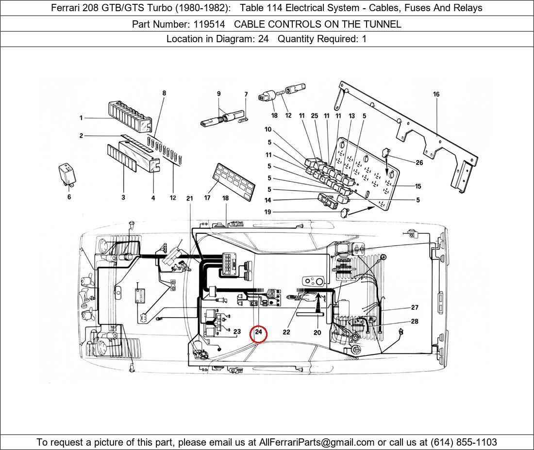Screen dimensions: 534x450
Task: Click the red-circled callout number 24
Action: pyautogui.click(x=258, y=332)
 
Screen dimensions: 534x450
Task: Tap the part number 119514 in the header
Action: pyautogui.click(x=209, y=24)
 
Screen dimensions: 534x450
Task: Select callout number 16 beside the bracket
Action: pyautogui.click(x=436, y=94)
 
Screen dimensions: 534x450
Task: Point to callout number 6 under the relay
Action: pyautogui.click(x=69, y=197)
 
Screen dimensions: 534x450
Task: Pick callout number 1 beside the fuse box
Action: pyautogui.click(x=81, y=118)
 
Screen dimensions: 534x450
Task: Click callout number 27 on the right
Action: pyautogui.click(x=415, y=307)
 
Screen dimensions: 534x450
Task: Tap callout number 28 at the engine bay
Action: pyautogui.click(x=415, y=321)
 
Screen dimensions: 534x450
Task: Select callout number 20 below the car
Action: pyautogui.click(x=317, y=332)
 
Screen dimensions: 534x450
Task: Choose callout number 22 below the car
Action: pyautogui.click(x=286, y=332)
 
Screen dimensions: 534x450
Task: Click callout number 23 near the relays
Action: pyautogui.click(x=237, y=332)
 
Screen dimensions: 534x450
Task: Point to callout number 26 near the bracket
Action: pyautogui.click(x=419, y=162)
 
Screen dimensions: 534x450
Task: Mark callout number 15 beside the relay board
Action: pyautogui.click(x=418, y=186)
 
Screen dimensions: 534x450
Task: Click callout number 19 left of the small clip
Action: pyautogui.click(x=267, y=212)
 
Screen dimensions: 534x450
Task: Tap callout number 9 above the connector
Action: pyautogui.click(x=218, y=94)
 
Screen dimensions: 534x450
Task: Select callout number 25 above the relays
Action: pyautogui.click(x=315, y=115)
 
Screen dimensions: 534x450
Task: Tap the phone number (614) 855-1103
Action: pyautogui.click(x=464, y=442)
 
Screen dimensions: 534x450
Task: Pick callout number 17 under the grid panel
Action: pyautogui.click(x=207, y=198)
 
